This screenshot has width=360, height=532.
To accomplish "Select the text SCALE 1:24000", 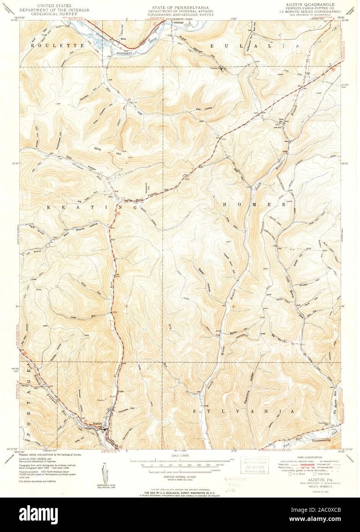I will [180, 456].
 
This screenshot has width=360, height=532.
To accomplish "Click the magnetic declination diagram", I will [104, 473].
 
